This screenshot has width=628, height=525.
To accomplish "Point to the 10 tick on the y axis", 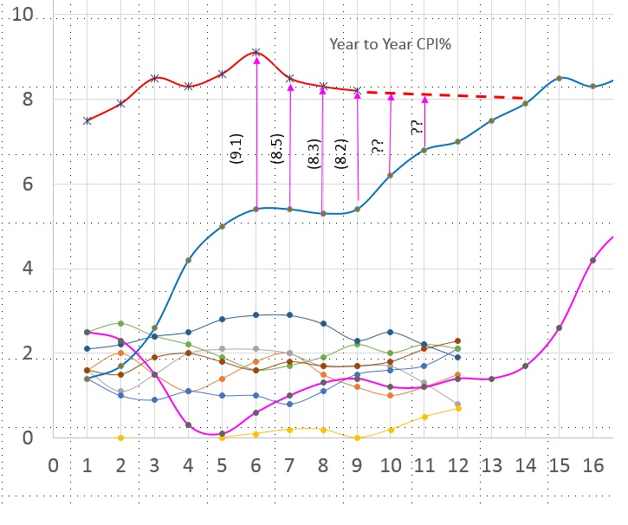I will [23, 16].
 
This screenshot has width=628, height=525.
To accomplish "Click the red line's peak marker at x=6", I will [256, 53].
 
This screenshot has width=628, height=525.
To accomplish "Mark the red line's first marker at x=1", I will [87, 120].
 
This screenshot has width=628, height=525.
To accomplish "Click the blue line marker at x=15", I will [560, 78].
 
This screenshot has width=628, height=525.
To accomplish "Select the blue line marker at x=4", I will [189, 260].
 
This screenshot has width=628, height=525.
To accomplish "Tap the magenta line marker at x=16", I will [593, 260].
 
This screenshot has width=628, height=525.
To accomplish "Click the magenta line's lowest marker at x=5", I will [223, 433].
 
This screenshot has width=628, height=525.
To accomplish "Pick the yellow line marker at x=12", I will [458, 408].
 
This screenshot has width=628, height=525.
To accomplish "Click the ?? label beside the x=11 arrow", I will [418, 127].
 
